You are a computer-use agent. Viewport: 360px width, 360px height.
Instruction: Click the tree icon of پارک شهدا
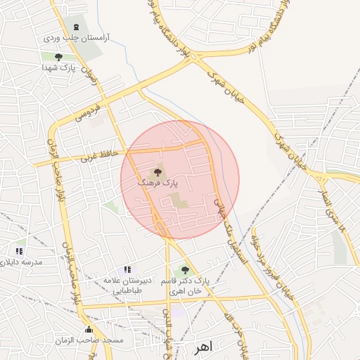[x=58, y=57]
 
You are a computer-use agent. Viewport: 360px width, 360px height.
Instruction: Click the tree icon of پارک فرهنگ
[x=156, y=172]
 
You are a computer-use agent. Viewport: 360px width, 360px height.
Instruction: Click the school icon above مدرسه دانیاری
[x=20, y=250]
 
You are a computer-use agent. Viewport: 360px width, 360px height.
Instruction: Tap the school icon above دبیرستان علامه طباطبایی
[x=127, y=269]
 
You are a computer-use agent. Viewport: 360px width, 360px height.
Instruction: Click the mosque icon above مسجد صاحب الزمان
[x=89, y=329]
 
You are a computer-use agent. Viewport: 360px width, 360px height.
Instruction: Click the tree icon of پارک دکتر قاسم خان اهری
[x=185, y=269]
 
